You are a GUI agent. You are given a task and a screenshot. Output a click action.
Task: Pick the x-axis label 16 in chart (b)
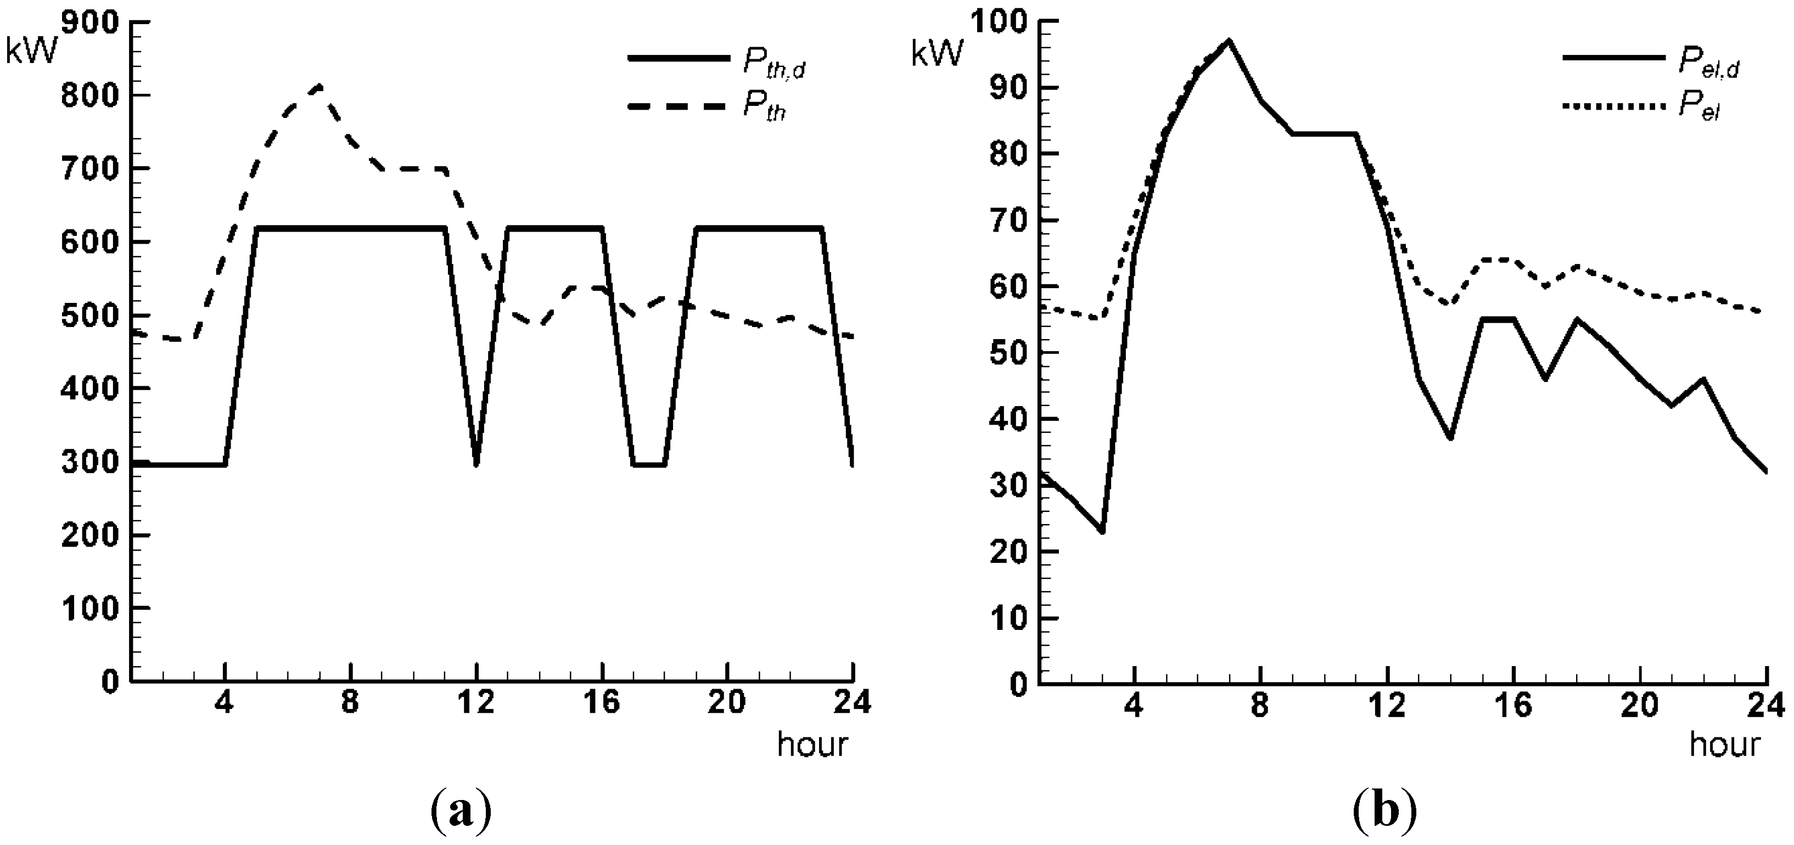1513,707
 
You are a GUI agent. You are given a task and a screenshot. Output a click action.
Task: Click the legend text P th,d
773,64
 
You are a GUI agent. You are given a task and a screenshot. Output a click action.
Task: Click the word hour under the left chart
812,744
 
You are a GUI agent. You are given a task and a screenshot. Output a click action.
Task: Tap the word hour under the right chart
1724,744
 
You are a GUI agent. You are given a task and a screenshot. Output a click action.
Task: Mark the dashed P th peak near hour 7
319,86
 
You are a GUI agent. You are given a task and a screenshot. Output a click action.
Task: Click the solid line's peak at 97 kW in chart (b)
1229,41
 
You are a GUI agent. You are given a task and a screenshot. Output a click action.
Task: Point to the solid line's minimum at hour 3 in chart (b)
1102,532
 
